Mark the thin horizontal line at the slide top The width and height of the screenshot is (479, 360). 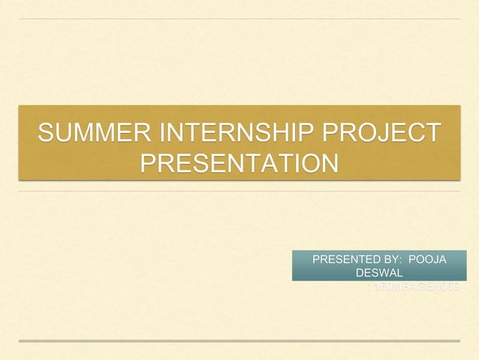point(239,19)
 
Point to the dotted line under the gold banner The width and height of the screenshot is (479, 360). point(239,191)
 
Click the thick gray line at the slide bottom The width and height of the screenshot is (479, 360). point(239,340)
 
